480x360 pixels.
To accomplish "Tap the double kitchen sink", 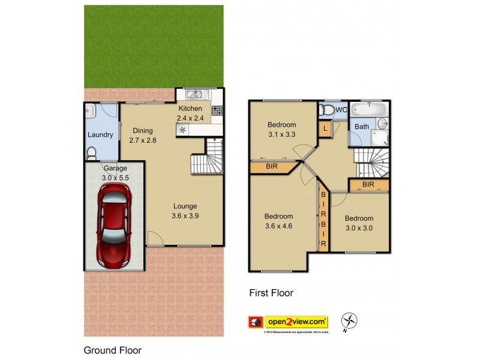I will point(196,94).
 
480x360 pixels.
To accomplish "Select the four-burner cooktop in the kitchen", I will point(217,110).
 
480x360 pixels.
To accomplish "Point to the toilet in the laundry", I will point(91,154).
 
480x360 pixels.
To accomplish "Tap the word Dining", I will point(143,131).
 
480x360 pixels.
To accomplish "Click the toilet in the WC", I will point(327,110).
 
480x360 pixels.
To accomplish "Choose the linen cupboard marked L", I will point(325,128).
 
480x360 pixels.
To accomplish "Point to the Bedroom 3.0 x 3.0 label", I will point(359,223).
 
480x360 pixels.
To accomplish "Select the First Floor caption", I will point(271,293).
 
